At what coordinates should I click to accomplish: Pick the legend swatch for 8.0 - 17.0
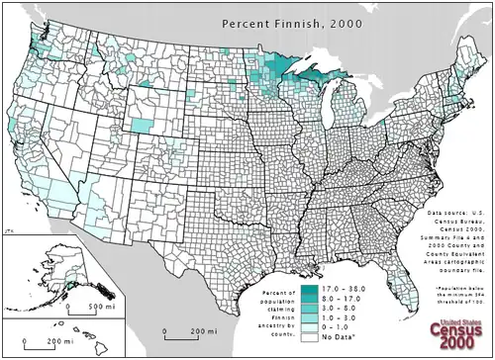310,299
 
